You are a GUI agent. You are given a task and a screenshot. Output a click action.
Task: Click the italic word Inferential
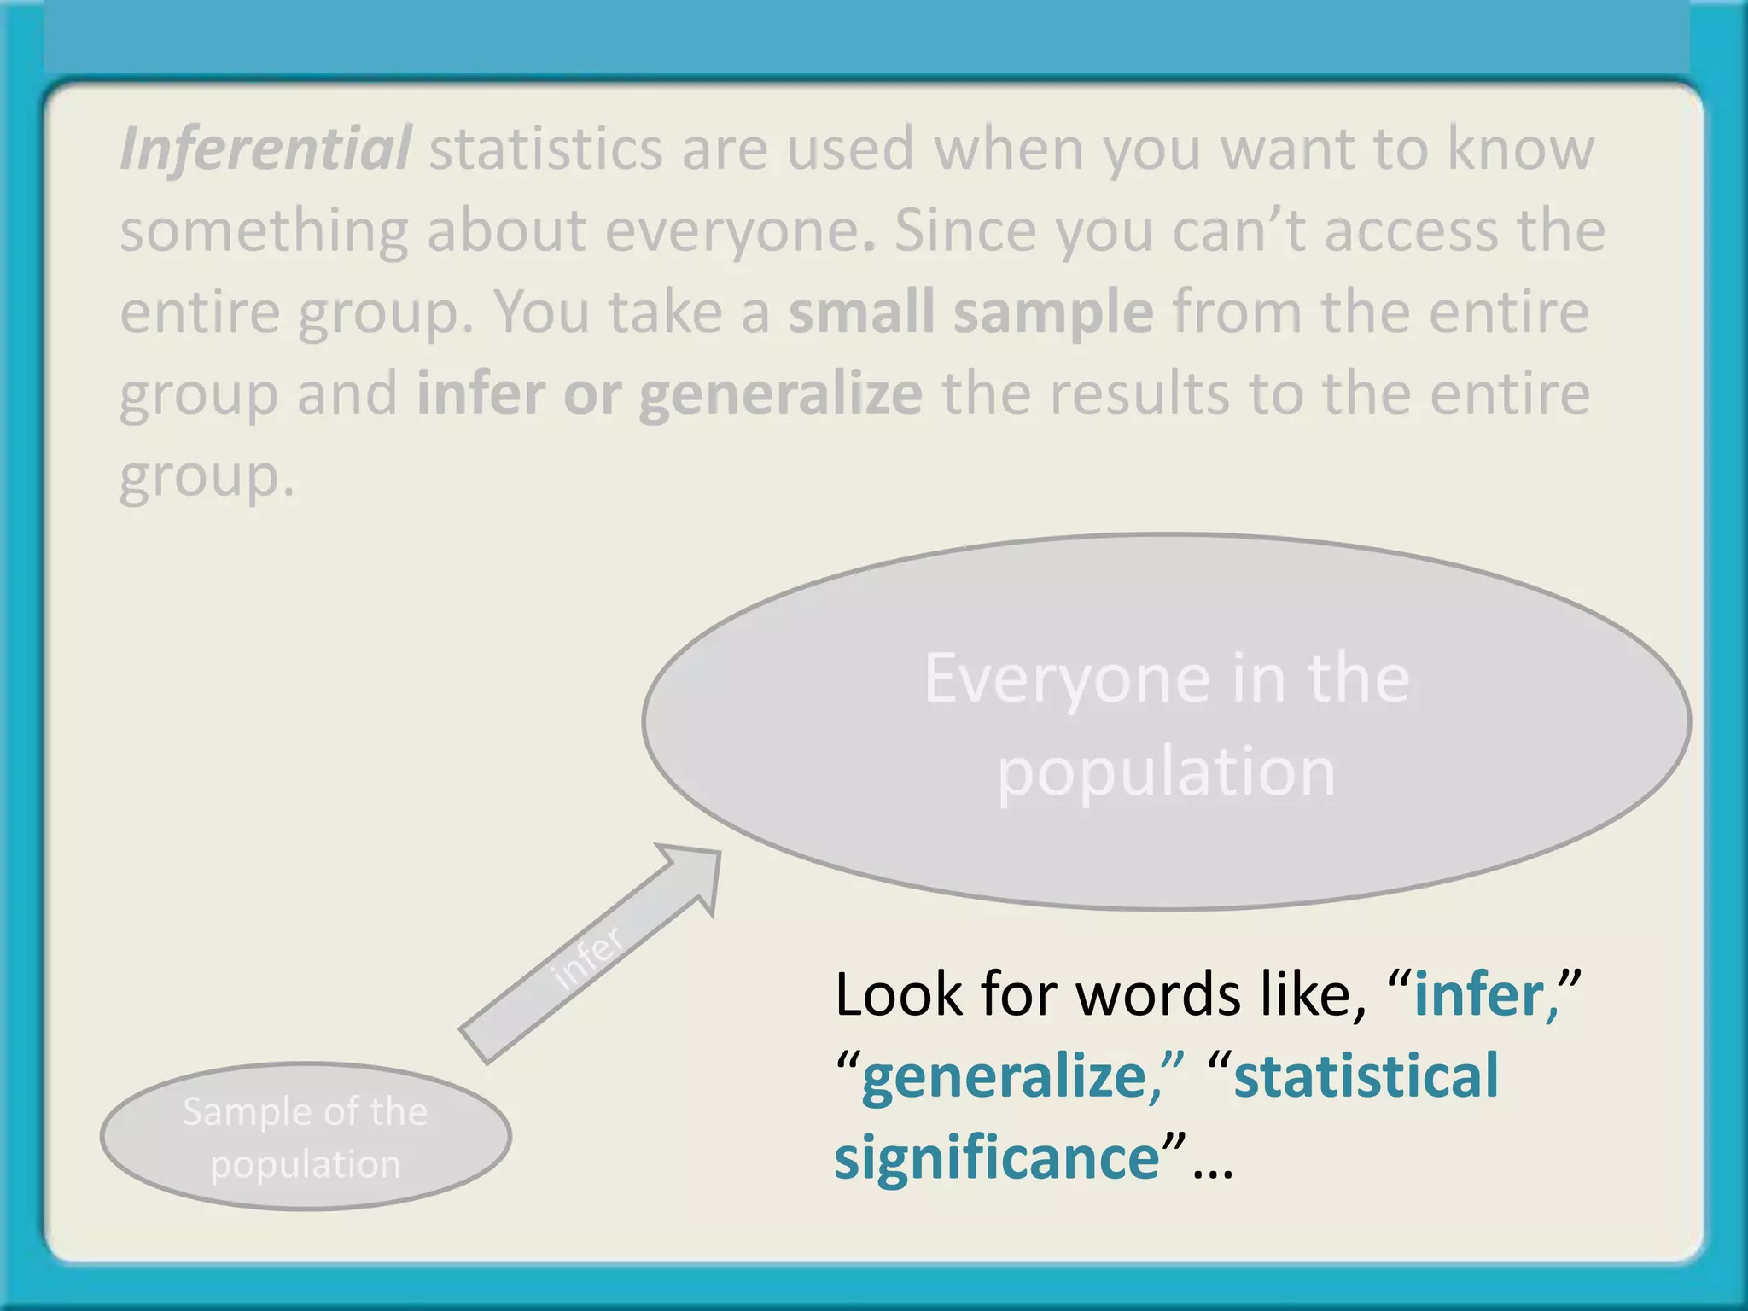point(265,149)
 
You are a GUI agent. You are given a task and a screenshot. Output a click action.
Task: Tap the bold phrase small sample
point(970,312)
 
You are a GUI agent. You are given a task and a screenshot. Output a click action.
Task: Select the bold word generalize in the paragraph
point(780,394)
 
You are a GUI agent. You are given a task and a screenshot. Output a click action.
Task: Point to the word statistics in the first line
point(545,149)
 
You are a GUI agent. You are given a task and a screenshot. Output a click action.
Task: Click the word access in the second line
point(1412,230)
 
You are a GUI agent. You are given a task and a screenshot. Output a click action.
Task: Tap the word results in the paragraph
point(1138,394)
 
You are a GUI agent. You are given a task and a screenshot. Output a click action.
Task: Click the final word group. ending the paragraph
point(206,476)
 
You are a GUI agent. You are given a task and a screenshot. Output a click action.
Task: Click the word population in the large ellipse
point(1166,771)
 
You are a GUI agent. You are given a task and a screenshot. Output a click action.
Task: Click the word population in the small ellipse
point(306,1164)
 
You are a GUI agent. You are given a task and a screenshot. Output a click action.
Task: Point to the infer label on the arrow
point(587,957)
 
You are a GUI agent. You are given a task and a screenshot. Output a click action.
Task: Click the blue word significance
point(996,1157)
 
